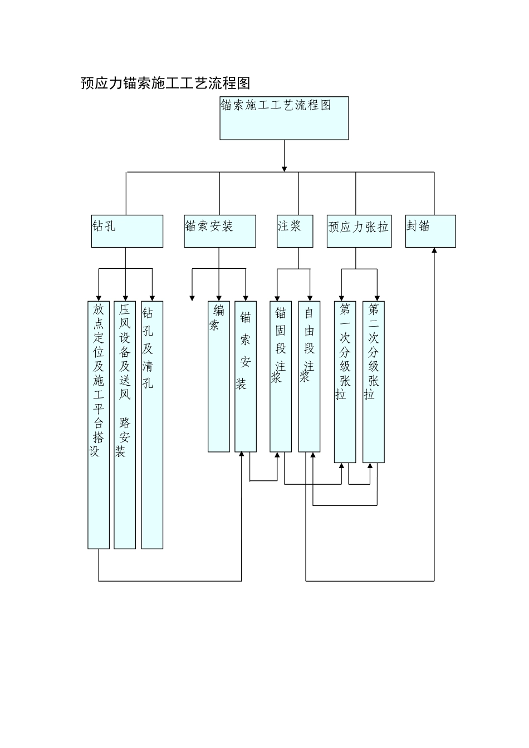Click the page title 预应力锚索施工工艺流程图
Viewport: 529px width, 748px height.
(165, 83)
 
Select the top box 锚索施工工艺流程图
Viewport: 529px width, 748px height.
(284, 118)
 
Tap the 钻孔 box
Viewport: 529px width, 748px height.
(127, 231)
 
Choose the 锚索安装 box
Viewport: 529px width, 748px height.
(220, 231)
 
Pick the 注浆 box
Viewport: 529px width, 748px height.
(295, 231)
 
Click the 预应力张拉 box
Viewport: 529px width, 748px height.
(359, 231)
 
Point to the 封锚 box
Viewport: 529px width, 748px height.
(430, 231)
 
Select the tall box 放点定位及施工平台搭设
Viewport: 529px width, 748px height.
(99, 425)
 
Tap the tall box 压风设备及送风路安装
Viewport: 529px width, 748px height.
(125, 425)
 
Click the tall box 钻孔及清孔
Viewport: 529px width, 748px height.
(152, 425)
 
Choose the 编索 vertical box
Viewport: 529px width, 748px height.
(218, 376)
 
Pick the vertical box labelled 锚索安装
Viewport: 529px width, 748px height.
(246, 376)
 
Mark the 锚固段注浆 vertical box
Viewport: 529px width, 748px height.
(281, 376)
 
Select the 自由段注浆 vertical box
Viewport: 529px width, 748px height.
(309, 376)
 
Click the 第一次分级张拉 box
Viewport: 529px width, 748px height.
(345, 382)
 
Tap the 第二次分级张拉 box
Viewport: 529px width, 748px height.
(374, 382)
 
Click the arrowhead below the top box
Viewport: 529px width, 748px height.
(285, 168)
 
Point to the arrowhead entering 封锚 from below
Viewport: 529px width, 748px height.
(434, 251)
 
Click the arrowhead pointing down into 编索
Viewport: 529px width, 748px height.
(219, 298)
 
